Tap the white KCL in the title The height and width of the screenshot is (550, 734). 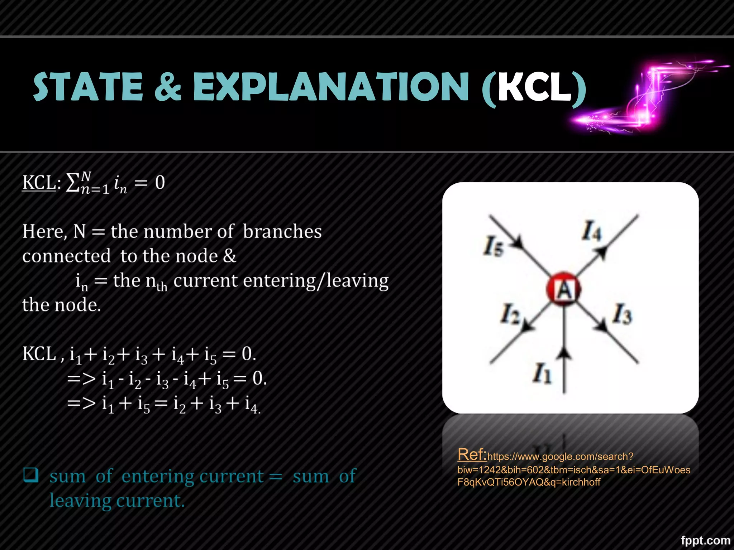(534, 87)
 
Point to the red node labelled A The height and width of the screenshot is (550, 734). (563, 289)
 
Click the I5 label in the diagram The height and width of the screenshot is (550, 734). (493, 247)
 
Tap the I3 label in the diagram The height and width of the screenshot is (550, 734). (622, 314)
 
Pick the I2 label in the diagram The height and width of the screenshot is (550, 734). (510, 314)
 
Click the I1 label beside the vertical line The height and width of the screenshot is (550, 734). (542, 373)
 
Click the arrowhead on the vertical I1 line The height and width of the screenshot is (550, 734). (564, 353)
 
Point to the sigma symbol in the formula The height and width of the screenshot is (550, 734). (72, 183)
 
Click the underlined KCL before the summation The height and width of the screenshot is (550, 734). (39, 182)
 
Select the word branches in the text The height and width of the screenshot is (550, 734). (282, 231)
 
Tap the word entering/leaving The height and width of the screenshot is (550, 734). (316, 281)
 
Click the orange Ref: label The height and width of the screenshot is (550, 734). (472, 454)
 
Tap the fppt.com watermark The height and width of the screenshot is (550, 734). (705, 540)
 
